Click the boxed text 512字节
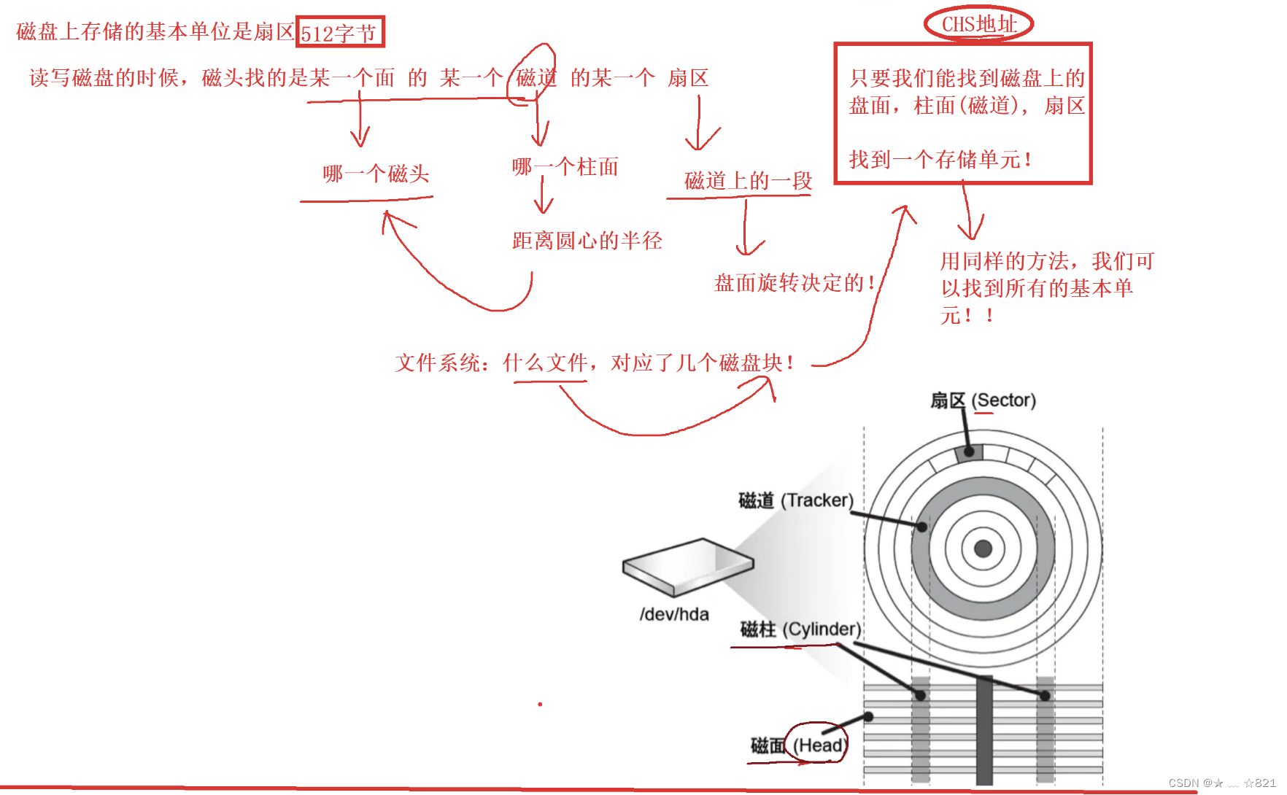[x=339, y=33]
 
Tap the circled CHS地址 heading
[x=978, y=24]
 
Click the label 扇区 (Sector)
[x=982, y=400]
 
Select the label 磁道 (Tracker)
[x=795, y=500]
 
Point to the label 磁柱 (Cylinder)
[x=800, y=629]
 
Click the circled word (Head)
[x=819, y=745]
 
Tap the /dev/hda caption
[x=674, y=614]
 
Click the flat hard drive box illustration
[x=687, y=566]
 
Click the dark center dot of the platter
[x=983, y=548]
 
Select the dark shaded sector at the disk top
[x=969, y=452]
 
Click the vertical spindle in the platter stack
[x=984, y=729]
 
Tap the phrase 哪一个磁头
[x=376, y=174]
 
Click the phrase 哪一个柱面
[x=565, y=167]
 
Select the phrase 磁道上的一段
[x=748, y=181]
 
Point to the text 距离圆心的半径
[x=587, y=241]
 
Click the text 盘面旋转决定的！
[x=795, y=283]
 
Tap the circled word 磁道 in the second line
[x=536, y=77]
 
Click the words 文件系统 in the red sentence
[x=438, y=362]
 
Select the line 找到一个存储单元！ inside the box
[x=940, y=159]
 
